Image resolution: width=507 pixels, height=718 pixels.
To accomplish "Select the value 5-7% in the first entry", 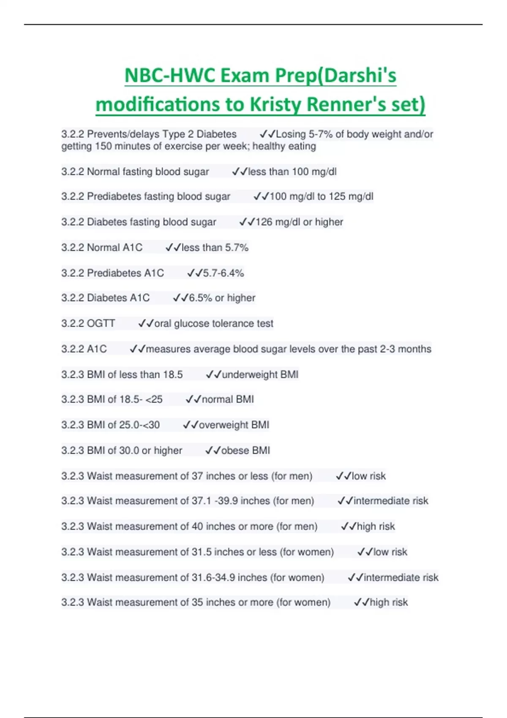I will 321,134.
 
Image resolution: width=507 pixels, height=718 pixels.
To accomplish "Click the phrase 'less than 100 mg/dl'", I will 292,172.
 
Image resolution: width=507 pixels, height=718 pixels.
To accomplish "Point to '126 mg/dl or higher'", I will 299,222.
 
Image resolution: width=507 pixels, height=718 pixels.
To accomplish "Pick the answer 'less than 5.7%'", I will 215,247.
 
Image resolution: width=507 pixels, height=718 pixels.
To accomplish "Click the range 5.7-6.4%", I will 223,273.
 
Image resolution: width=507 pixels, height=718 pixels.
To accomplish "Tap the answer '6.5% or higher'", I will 222,298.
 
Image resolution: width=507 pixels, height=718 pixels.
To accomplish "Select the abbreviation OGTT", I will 101,324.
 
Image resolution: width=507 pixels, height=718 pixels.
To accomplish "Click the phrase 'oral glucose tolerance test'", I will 214,324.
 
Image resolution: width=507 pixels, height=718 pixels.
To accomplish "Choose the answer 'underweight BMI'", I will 260,375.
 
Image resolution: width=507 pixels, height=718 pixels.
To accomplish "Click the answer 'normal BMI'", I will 228,400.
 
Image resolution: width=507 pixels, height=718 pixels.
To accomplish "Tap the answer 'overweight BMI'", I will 234,425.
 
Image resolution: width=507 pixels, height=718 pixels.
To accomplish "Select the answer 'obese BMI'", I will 245,451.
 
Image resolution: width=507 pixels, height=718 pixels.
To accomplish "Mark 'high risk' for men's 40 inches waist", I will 376,527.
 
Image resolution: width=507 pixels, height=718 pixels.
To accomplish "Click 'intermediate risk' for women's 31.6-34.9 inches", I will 401,577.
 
